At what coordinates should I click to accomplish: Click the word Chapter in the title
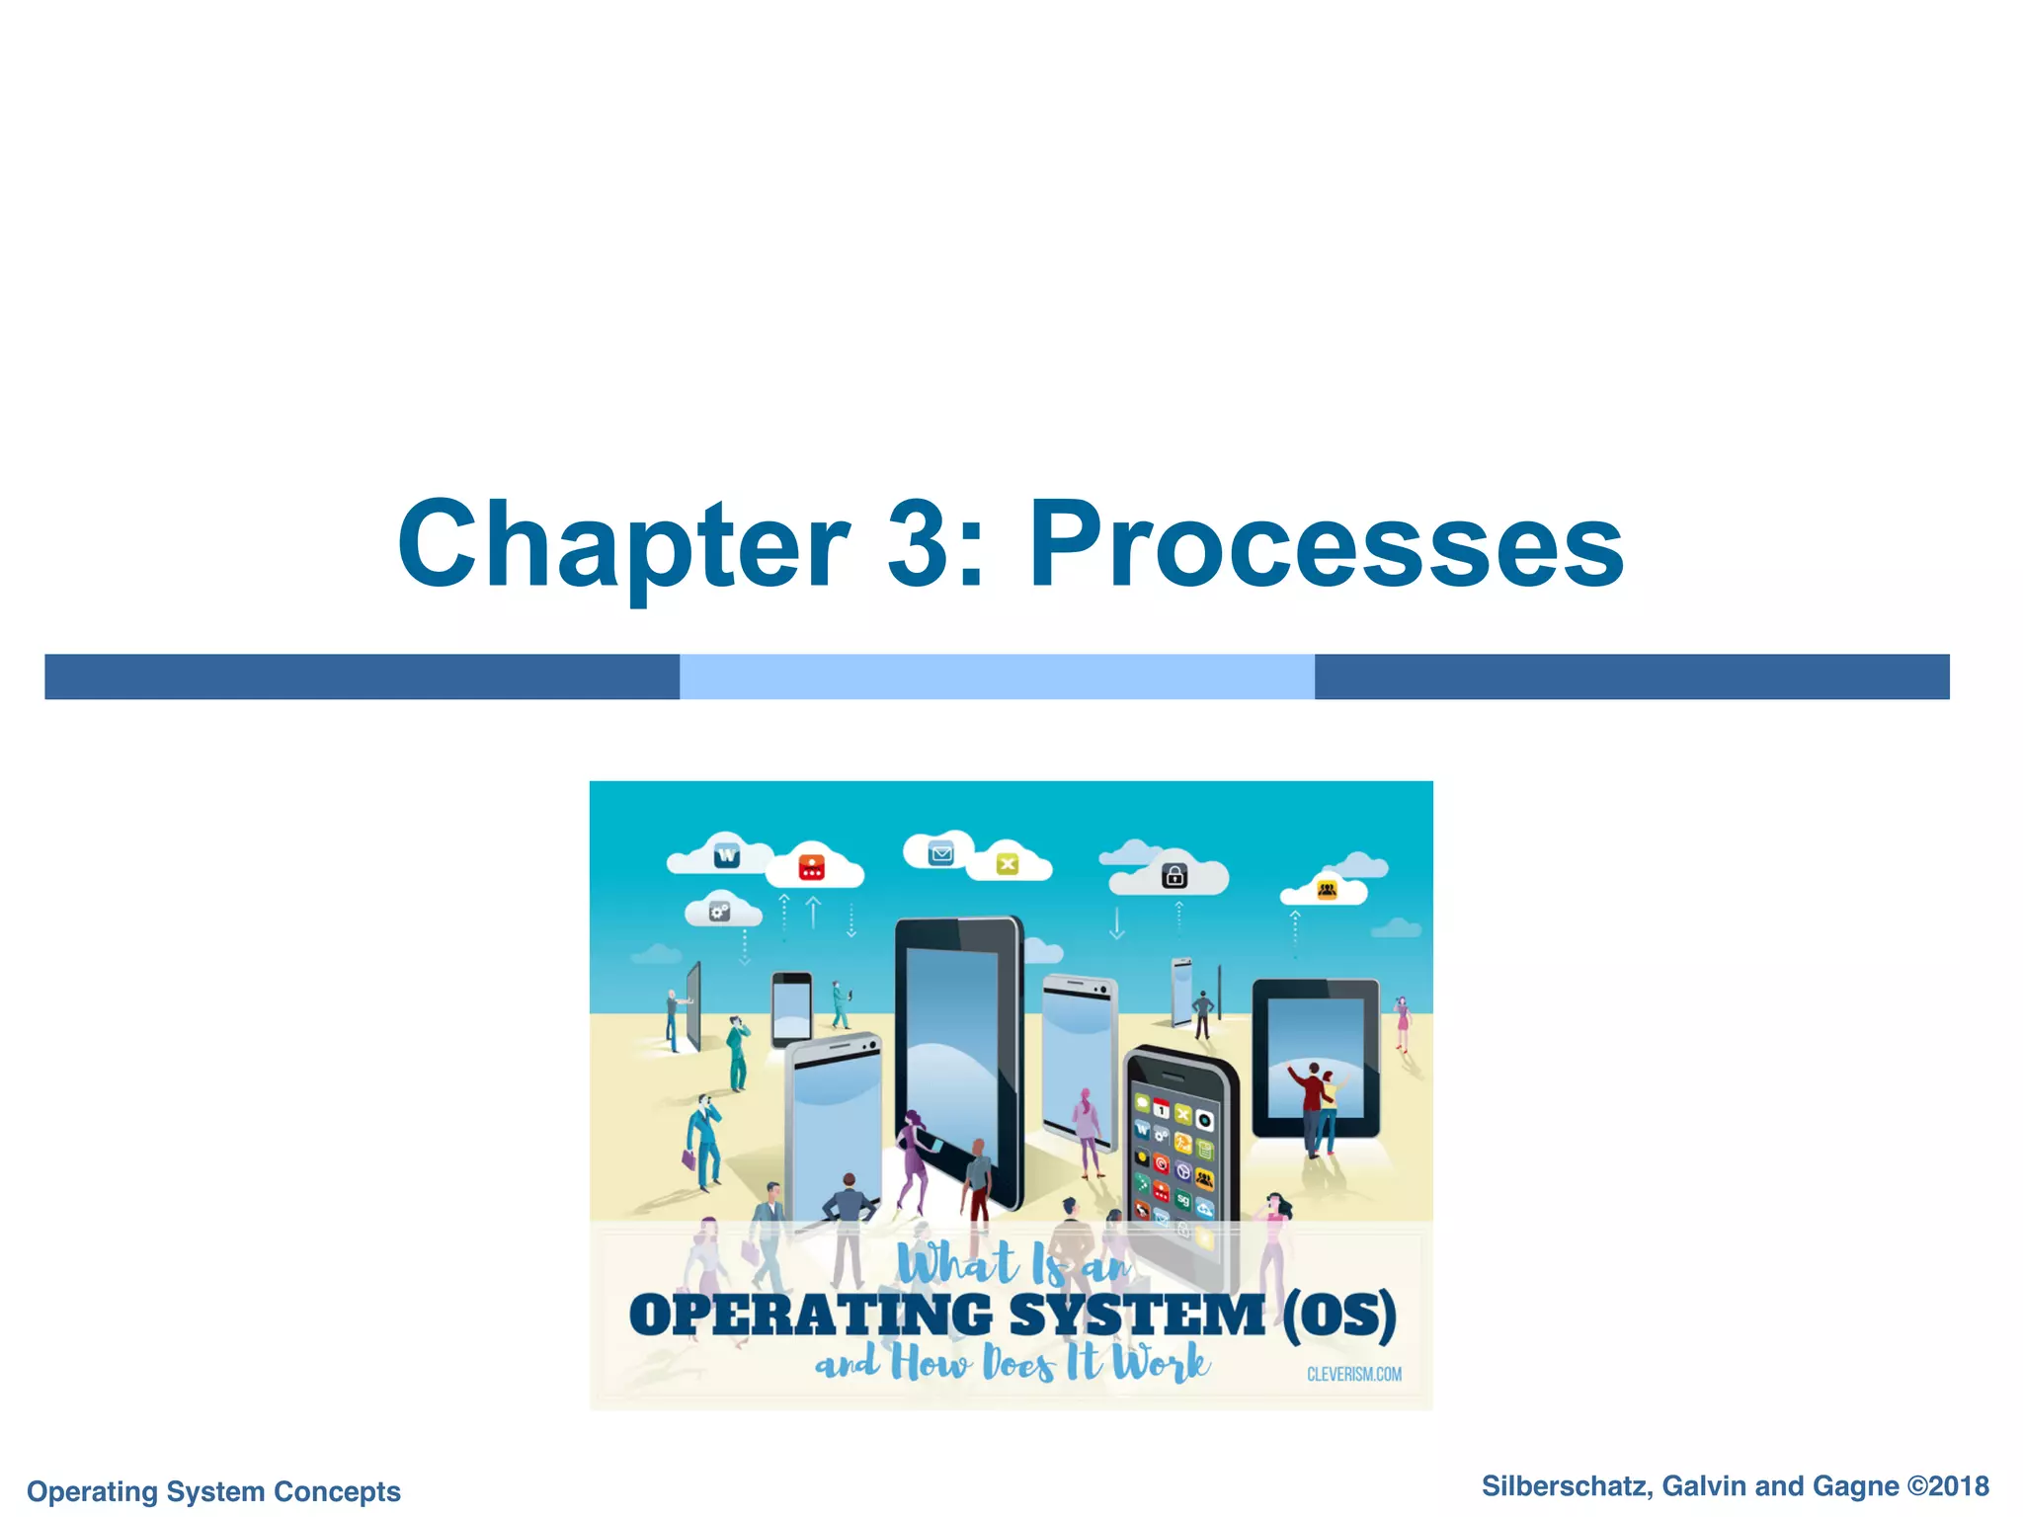coord(622,545)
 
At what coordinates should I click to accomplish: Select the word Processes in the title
coord(1327,545)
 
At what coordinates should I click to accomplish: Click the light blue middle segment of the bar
coord(997,677)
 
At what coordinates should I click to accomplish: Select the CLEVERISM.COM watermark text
coord(1353,1374)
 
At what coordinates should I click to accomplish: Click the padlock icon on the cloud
coord(1174,875)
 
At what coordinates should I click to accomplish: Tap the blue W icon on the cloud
coord(727,855)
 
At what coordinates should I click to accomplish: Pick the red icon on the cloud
coord(811,867)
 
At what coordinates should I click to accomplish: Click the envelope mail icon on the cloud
coord(940,853)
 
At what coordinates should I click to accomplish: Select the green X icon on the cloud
coord(1007,864)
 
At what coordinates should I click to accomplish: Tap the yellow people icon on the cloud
coord(1327,891)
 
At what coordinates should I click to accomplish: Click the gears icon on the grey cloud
coord(720,912)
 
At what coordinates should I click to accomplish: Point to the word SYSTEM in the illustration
coord(1136,1315)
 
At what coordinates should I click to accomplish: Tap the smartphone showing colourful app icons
coord(1179,1146)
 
